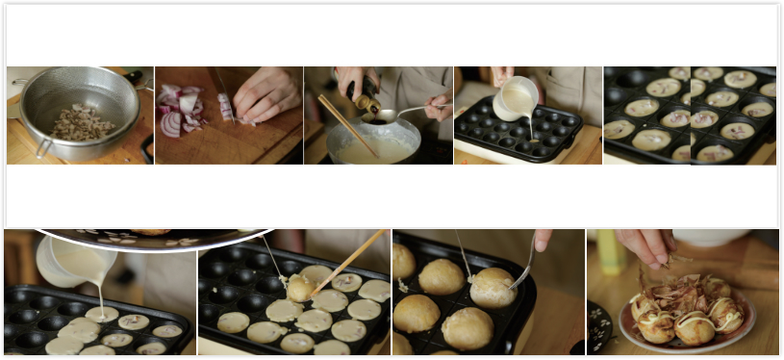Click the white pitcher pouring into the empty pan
(x=516, y=96)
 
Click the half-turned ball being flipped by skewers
(x=301, y=287)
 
